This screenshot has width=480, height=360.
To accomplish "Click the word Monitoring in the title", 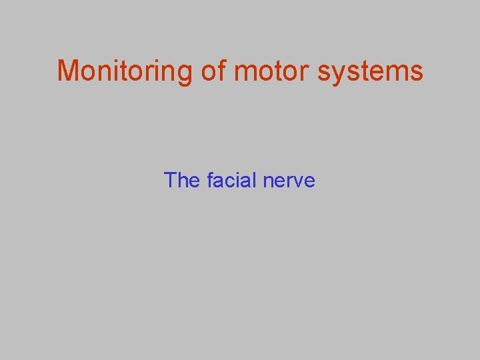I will point(125,71).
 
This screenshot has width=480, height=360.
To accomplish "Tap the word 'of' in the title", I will point(213,71).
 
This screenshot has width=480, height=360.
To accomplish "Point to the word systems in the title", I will point(370,71).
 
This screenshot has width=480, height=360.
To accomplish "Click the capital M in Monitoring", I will point(68,71).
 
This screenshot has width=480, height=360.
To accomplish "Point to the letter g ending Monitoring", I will point(185,73).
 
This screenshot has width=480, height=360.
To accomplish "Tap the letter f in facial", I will point(211,180).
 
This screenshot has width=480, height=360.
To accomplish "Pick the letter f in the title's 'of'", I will point(221,70).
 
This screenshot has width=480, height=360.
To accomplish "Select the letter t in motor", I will point(275,71).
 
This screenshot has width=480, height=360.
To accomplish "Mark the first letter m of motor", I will point(244,72).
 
